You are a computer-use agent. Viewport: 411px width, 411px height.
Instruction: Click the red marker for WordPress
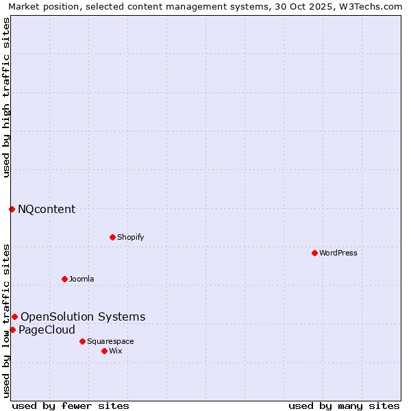pos(314,253)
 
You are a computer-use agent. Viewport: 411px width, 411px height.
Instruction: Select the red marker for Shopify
pos(112,237)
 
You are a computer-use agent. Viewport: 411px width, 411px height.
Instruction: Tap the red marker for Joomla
pos(64,279)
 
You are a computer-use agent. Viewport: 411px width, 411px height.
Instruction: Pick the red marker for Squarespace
pos(82,341)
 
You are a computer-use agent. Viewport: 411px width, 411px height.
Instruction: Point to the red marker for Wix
pos(104,351)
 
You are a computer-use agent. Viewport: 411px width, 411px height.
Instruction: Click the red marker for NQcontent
pos(12,209)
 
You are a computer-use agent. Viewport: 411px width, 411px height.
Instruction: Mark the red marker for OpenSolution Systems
pos(14,316)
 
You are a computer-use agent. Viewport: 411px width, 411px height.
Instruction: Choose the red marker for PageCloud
pos(12,329)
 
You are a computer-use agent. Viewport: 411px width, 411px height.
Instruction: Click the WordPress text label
pos(338,253)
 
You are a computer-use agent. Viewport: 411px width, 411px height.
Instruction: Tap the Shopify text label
pos(130,237)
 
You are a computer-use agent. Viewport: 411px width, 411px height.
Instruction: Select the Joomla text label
pos(82,279)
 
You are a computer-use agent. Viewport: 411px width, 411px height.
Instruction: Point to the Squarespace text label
pos(110,341)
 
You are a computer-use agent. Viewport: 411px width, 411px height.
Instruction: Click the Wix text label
pos(115,351)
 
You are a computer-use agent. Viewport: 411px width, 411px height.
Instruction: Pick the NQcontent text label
pos(47,209)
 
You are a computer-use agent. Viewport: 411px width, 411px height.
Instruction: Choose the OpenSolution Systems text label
pos(83,316)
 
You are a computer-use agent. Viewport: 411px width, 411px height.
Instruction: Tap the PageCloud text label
pos(47,329)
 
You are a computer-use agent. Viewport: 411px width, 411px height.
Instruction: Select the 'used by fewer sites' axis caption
pos(71,406)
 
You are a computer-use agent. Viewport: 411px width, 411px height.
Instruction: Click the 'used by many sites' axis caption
pos(344,406)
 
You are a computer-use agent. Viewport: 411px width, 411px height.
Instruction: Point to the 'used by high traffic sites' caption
pos(6,97)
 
